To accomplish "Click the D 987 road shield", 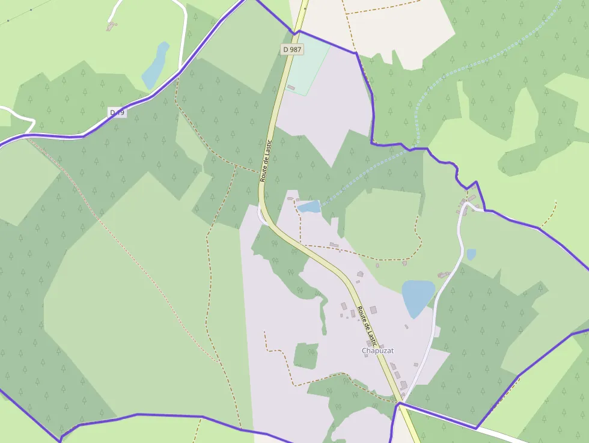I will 291,49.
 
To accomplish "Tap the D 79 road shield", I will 118,112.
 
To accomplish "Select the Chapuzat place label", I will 377,350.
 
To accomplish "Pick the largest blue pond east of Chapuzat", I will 418,297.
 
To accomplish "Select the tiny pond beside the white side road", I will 471,254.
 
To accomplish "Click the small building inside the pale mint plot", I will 291,88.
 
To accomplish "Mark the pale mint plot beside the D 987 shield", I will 308,66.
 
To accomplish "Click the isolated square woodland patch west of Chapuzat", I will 306,356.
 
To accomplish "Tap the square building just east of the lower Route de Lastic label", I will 373,310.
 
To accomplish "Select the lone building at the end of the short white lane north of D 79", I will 111,25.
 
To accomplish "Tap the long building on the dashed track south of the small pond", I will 334,245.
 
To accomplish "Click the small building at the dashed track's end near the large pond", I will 404,262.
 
